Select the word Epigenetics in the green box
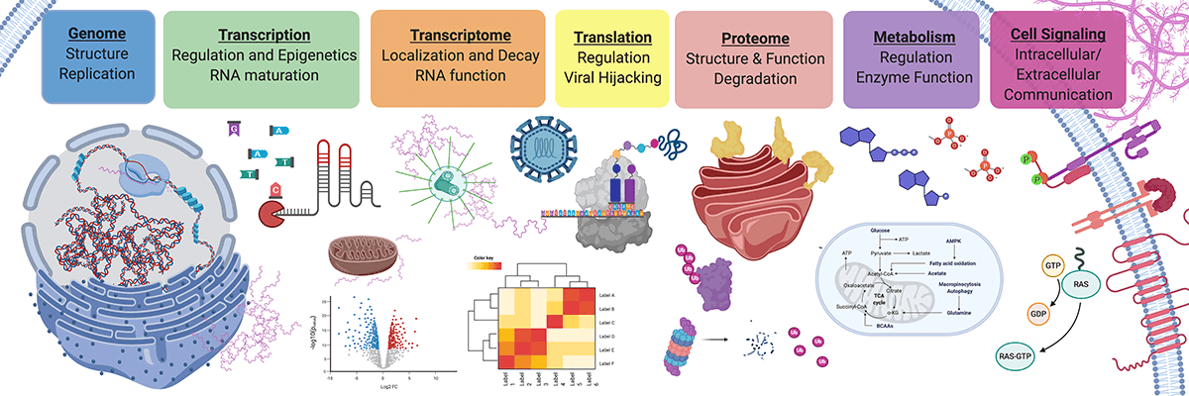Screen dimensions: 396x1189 pyautogui.click(x=314, y=54)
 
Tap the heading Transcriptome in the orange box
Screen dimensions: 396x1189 pyautogui.click(x=457, y=35)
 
